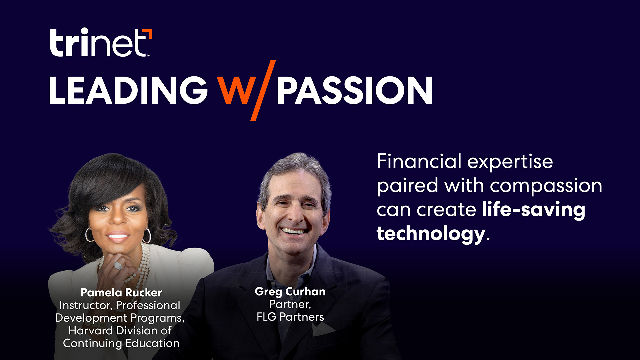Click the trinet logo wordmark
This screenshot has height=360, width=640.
[x=98, y=43]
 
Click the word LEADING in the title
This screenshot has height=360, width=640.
[x=128, y=90]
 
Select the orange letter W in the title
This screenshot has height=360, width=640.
[x=236, y=90]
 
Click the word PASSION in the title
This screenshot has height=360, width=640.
[x=354, y=90]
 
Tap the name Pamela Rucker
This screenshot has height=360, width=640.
[x=121, y=293]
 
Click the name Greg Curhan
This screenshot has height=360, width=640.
[x=290, y=292]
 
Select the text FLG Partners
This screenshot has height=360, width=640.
[x=290, y=317]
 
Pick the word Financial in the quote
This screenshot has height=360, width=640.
[x=419, y=162]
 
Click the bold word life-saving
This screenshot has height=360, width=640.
[x=533, y=210]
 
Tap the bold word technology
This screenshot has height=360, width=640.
[x=431, y=234]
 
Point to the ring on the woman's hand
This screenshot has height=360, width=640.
[x=118, y=266]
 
